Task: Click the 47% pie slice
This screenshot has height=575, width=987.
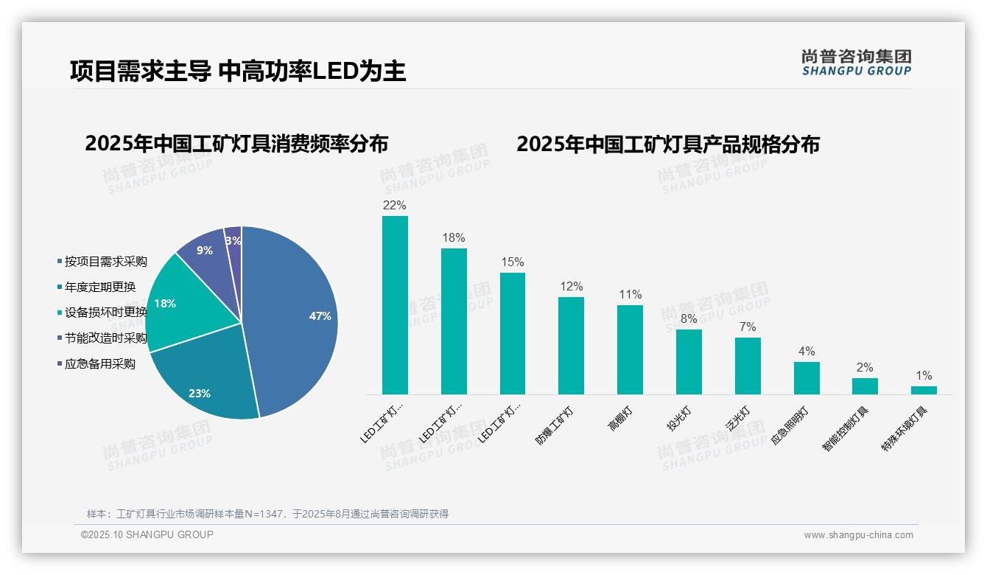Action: pyautogui.click(x=295, y=317)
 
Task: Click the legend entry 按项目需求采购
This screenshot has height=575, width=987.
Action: pyautogui.click(x=105, y=261)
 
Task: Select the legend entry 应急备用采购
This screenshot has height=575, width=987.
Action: pyautogui.click(x=99, y=363)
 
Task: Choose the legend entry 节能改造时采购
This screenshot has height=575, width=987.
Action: pyautogui.click(x=105, y=338)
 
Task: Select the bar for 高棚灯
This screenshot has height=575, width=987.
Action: pyautogui.click(x=630, y=349)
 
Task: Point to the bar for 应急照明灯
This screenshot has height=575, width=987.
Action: pyautogui.click(x=807, y=377)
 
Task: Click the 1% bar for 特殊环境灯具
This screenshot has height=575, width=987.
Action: pyautogui.click(x=924, y=390)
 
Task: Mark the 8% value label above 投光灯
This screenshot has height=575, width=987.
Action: pyautogui.click(x=689, y=318)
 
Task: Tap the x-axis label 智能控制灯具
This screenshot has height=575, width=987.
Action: pyautogui.click(x=846, y=428)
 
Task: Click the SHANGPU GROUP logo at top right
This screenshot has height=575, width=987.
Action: pyautogui.click(x=856, y=62)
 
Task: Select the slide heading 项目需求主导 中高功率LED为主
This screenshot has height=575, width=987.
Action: pyautogui.click(x=238, y=71)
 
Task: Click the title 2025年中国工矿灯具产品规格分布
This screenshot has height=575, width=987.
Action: pyautogui.click(x=667, y=144)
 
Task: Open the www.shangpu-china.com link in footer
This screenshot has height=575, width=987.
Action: pyautogui.click(x=858, y=534)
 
